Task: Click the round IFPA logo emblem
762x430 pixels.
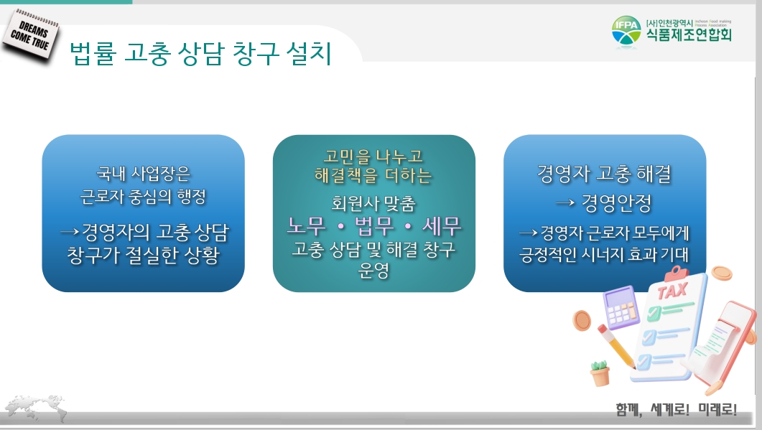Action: pyautogui.click(x=626, y=32)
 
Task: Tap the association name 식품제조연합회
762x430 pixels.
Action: pyautogui.click(x=689, y=34)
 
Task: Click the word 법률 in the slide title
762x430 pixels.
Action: pyautogui.click(x=93, y=53)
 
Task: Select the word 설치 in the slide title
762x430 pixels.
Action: pyautogui.click(x=309, y=53)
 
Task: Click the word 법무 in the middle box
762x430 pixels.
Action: pyautogui.click(x=373, y=225)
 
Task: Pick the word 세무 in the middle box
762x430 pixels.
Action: pyautogui.click(x=441, y=225)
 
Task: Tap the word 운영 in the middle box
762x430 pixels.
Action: pyautogui.click(x=373, y=271)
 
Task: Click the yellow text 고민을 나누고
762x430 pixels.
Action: pyautogui.click(x=373, y=156)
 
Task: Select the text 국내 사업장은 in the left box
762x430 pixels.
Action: pyautogui.click(x=144, y=174)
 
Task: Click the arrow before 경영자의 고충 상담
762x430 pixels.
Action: pyautogui.click(x=70, y=233)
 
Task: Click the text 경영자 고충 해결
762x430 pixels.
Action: pyautogui.click(x=604, y=174)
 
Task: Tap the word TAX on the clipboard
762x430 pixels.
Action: pyautogui.click(x=672, y=291)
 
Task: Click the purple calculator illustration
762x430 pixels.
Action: pyautogui.click(x=621, y=307)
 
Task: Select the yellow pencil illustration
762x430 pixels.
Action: pyautogui.click(x=616, y=347)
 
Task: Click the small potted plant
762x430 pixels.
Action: pyautogui.click(x=600, y=373)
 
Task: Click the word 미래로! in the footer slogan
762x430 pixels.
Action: pyautogui.click(x=717, y=410)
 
